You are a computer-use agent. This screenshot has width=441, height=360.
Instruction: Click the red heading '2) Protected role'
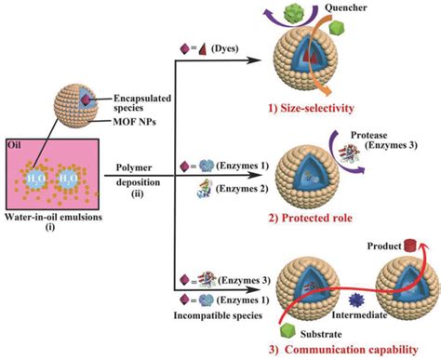343,220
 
